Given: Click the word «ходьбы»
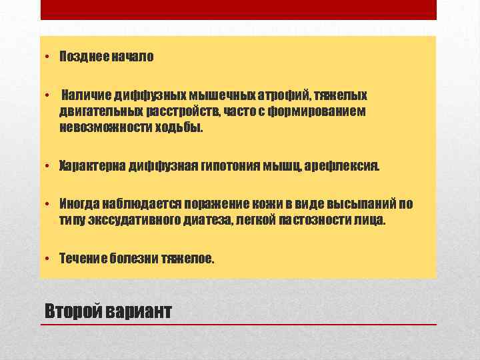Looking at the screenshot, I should click(178, 127).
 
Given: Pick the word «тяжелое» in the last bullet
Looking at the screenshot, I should click(188, 257).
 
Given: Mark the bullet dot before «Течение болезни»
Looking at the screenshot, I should click(49, 258).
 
